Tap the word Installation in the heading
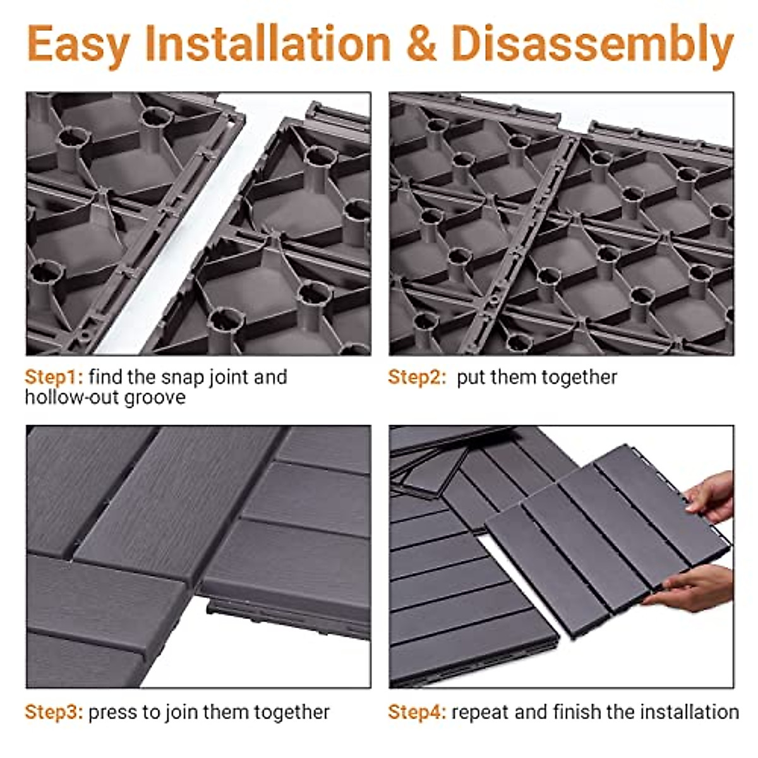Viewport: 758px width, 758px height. [268, 44]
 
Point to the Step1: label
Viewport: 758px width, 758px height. [54, 377]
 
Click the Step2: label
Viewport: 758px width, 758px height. [417, 377]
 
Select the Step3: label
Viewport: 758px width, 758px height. [54, 713]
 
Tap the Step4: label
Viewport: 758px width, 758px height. [417, 713]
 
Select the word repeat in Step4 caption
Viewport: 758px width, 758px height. [481, 713]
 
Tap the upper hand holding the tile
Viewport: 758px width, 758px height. [711, 496]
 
